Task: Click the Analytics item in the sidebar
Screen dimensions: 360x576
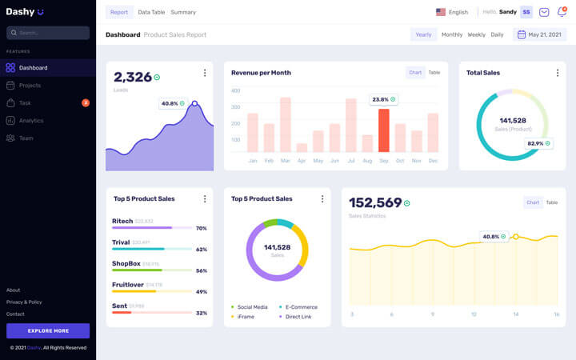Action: coord(31,121)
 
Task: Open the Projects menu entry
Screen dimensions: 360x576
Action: coord(30,86)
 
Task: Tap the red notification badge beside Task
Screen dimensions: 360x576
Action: coord(86,103)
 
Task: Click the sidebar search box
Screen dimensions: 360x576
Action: coord(48,33)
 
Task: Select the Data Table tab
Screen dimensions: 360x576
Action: coord(151,12)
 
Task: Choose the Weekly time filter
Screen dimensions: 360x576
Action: coord(476,34)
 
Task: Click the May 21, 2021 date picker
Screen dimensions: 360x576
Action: coord(540,34)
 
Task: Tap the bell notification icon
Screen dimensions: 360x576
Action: coord(562,12)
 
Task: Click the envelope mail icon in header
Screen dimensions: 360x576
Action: coord(544,12)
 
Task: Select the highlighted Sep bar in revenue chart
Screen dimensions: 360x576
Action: coord(383,130)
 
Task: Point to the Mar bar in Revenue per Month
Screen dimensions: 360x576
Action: coord(285,125)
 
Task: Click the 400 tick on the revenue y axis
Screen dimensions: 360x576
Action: coord(235,90)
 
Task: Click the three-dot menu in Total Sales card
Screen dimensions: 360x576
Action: coord(558,73)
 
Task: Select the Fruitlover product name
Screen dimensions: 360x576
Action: coord(127,284)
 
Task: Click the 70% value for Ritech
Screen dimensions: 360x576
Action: coord(202,228)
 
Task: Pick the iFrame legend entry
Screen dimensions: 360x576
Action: coord(246,317)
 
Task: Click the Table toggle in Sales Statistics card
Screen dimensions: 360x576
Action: coord(552,202)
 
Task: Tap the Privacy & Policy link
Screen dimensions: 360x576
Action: coord(24,302)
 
